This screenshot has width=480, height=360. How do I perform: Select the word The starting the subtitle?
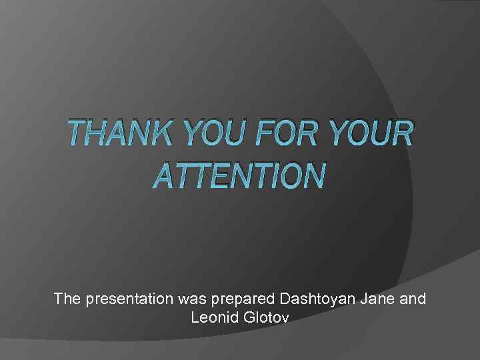(67, 299)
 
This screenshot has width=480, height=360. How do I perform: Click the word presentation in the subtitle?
(130, 299)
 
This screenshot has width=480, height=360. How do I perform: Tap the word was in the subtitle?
(191, 299)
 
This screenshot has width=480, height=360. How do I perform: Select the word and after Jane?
(412, 299)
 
